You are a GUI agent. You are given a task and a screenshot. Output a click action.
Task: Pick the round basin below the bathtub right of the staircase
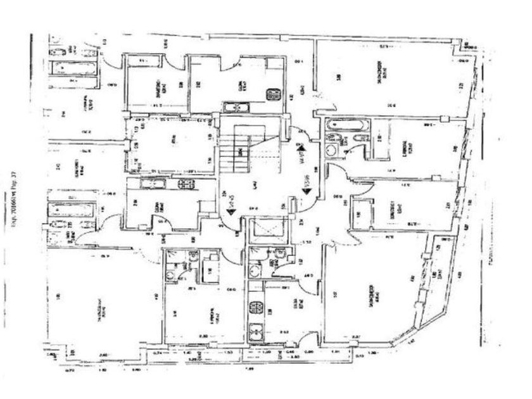point(332,150)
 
